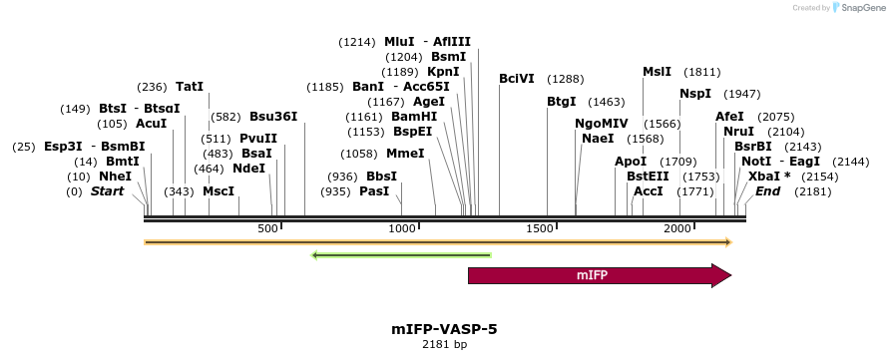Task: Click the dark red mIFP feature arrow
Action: tap(599, 275)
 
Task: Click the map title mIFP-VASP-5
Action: tap(444, 328)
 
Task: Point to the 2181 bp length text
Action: tap(444, 345)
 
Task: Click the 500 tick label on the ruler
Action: tap(267, 229)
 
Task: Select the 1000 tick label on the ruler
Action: tap(402, 229)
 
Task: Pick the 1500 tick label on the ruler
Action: tap(539, 229)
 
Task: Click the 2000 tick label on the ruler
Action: tap(677, 229)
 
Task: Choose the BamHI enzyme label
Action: tap(414, 117)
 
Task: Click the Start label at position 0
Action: tap(108, 190)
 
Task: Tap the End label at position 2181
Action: tap(767, 190)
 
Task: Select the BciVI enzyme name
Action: tap(517, 79)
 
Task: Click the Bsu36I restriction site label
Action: tap(273, 117)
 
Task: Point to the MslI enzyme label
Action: tap(657, 72)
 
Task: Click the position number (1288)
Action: tap(565, 79)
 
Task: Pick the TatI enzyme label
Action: tap(189, 87)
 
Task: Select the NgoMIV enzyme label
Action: tap(601, 124)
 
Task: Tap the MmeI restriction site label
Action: tap(405, 154)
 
